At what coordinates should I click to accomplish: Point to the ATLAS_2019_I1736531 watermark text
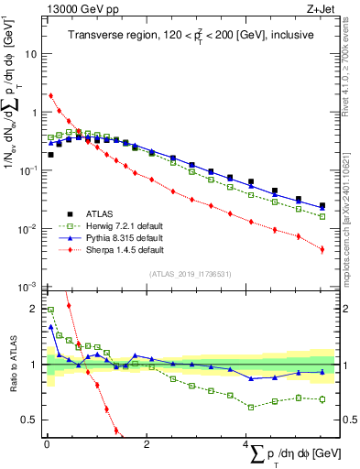click(x=189, y=274)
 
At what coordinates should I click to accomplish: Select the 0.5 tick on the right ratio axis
click(x=345, y=420)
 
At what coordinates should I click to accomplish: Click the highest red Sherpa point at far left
click(x=50, y=95)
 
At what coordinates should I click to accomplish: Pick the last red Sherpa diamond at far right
click(x=322, y=248)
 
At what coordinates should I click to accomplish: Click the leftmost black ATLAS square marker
click(x=50, y=155)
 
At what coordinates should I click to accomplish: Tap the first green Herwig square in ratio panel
click(x=50, y=310)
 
